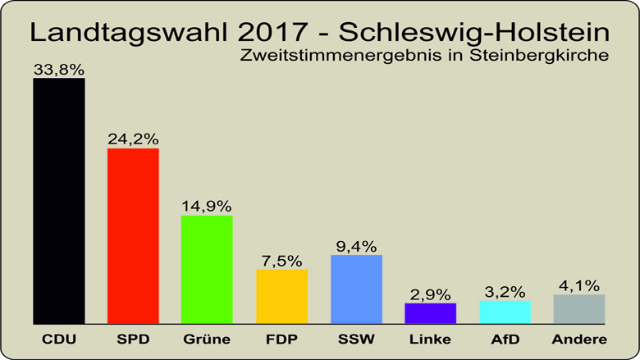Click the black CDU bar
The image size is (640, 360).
point(58,201)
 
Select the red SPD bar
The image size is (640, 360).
point(133,236)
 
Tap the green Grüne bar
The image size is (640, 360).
point(207,270)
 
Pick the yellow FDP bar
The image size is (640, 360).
point(281,297)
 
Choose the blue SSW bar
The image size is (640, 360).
point(356,289)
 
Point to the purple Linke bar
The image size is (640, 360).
point(430,313)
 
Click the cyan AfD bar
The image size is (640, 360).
point(505,312)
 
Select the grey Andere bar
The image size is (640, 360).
point(579,309)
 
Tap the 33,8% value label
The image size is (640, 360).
point(58,71)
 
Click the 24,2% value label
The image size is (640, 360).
point(133,140)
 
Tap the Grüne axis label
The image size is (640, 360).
point(207,339)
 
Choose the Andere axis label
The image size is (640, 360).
point(579,339)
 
